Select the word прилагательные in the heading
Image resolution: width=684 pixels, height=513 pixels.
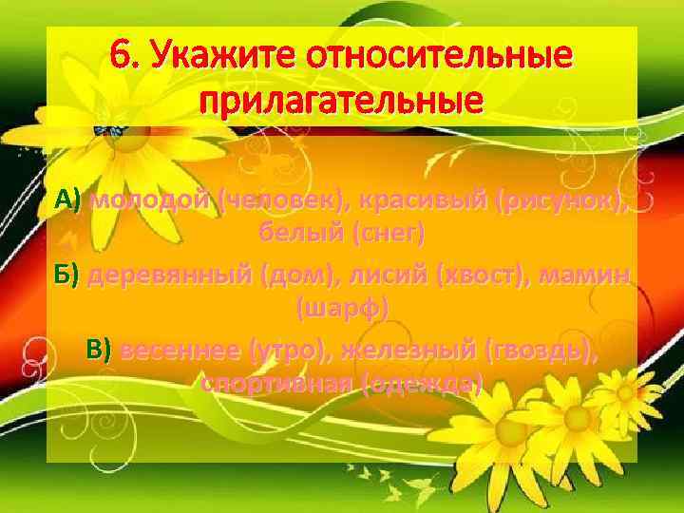point(342,99)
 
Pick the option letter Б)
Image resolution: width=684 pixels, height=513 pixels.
point(68,275)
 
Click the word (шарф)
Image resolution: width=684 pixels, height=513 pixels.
point(342,310)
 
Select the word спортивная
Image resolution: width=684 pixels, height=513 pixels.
point(275,384)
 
